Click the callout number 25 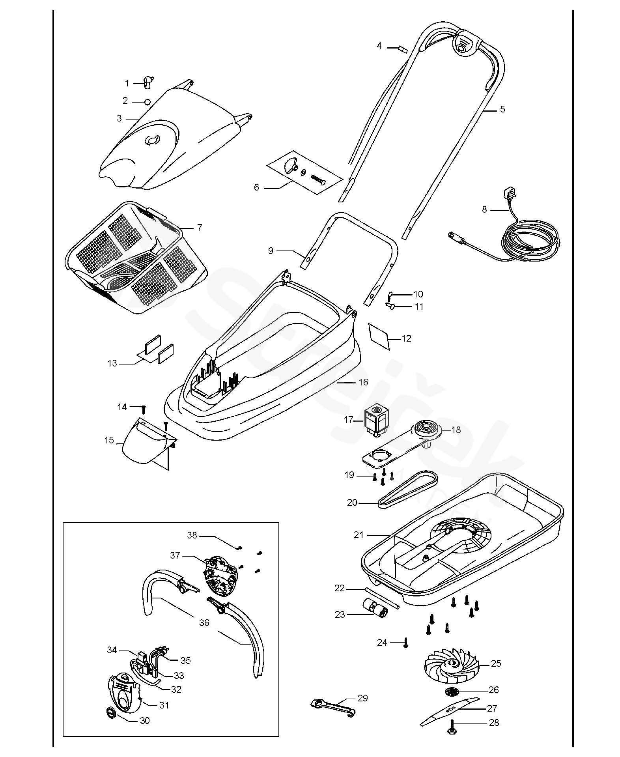click(496, 664)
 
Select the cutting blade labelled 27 click(449, 710)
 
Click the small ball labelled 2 click(148, 102)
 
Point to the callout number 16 click(363, 382)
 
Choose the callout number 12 click(406, 338)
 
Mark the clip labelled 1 click(148, 82)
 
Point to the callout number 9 click(271, 250)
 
